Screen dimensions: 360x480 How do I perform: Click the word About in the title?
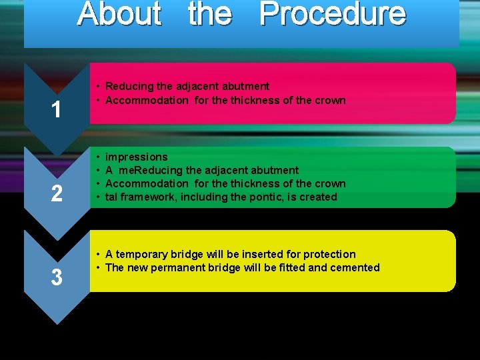119,14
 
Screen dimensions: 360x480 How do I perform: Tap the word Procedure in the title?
332,14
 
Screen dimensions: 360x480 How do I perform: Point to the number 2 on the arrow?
57,194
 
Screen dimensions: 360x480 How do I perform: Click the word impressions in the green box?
137,157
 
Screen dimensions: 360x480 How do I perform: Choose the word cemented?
354,267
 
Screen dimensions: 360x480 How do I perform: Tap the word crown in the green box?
330,183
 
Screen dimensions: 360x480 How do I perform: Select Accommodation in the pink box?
147,100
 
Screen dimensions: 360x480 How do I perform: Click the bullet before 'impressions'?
97,157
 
